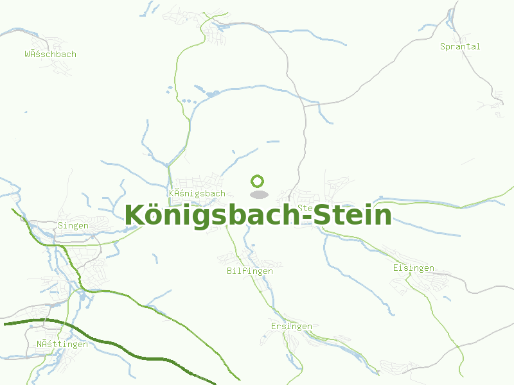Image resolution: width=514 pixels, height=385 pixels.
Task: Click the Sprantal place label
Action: pos(460,46)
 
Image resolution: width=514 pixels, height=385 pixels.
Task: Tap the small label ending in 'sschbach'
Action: pos(50,54)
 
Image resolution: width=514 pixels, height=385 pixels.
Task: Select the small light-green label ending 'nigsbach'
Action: pos(197,193)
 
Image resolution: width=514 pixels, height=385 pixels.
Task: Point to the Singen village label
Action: pos(73,225)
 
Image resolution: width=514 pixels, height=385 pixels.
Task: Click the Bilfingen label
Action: pos(249,271)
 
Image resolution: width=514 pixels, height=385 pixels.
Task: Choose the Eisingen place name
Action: pos(413,268)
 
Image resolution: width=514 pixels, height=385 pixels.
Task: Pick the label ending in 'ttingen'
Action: pos(62,345)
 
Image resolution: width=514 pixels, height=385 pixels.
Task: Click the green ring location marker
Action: pos(258,181)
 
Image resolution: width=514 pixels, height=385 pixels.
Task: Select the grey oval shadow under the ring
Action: pos(258,194)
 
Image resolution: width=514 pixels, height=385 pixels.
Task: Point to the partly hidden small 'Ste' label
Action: pos(305,208)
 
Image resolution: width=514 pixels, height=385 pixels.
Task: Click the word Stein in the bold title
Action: pos(353,215)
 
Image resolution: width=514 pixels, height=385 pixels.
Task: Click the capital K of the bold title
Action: pos(135,215)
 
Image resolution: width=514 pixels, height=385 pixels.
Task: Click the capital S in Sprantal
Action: pos(443,46)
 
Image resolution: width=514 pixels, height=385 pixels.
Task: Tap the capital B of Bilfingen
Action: pos(229,271)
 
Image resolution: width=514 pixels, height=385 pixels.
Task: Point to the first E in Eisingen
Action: pos(396,268)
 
